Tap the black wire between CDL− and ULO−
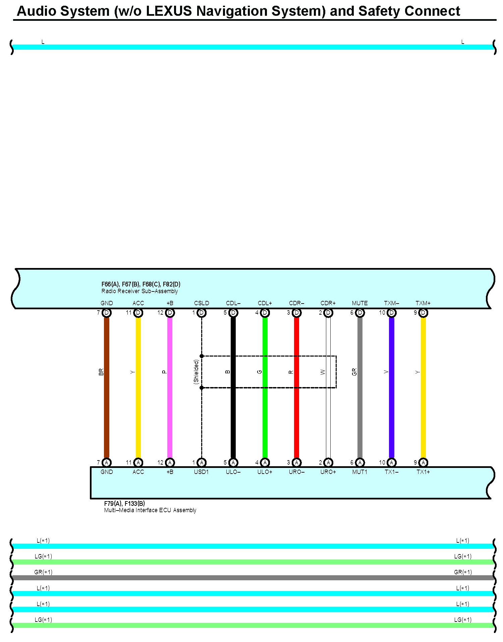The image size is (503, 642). (x=233, y=419)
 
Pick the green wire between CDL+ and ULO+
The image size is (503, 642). (x=265, y=419)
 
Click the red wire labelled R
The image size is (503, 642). (x=296, y=419)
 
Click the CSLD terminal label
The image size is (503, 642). (x=202, y=303)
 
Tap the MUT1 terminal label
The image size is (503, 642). (x=360, y=472)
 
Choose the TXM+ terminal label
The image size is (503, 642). (x=423, y=303)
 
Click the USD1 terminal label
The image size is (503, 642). (x=202, y=472)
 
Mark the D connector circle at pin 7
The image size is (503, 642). (x=107, y=313)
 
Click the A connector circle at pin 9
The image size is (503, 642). (x=423, y=463)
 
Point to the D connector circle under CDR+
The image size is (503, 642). (x=328, y=313)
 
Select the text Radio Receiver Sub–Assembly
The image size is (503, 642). (x=139, y=291)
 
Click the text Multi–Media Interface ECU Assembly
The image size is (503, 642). (x=150, y=510)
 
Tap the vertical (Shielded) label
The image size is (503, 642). (x=196, y=372)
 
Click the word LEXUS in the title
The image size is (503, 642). (x=169, y=11)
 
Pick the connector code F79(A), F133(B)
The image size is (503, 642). (x=124, y=503)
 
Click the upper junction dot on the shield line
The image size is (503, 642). (x=202, y=356)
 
